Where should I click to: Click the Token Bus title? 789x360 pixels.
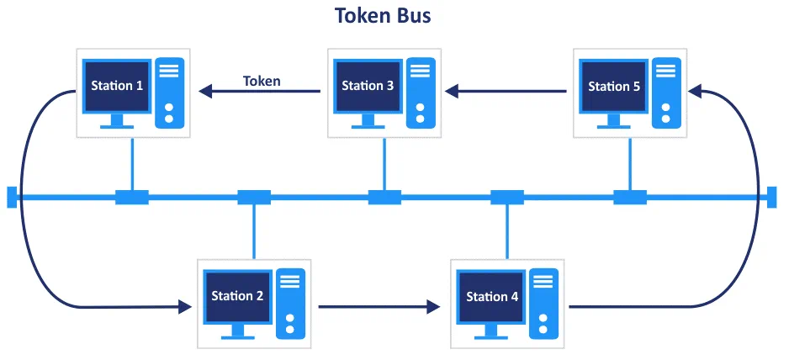tap(383, 16)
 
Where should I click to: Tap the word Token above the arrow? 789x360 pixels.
tap(262, 81)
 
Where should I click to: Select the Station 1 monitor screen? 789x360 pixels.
tap(117, 86)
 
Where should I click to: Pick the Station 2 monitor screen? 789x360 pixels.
tap(237, 296)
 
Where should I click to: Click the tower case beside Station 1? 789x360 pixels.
tap(170, 93)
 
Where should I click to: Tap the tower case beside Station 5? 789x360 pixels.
tap(667, 93)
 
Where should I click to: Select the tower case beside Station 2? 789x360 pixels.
tap(290, 303)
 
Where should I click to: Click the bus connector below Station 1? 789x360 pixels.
tap(131, 198)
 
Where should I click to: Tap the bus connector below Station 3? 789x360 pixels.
tap(385, 198)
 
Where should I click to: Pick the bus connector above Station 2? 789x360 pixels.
tap(253, 198)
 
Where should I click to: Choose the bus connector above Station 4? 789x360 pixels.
tap(507, 198)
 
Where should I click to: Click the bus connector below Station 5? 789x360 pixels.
tap(630, 198)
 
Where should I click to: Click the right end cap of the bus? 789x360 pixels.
tap(772, 197)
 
